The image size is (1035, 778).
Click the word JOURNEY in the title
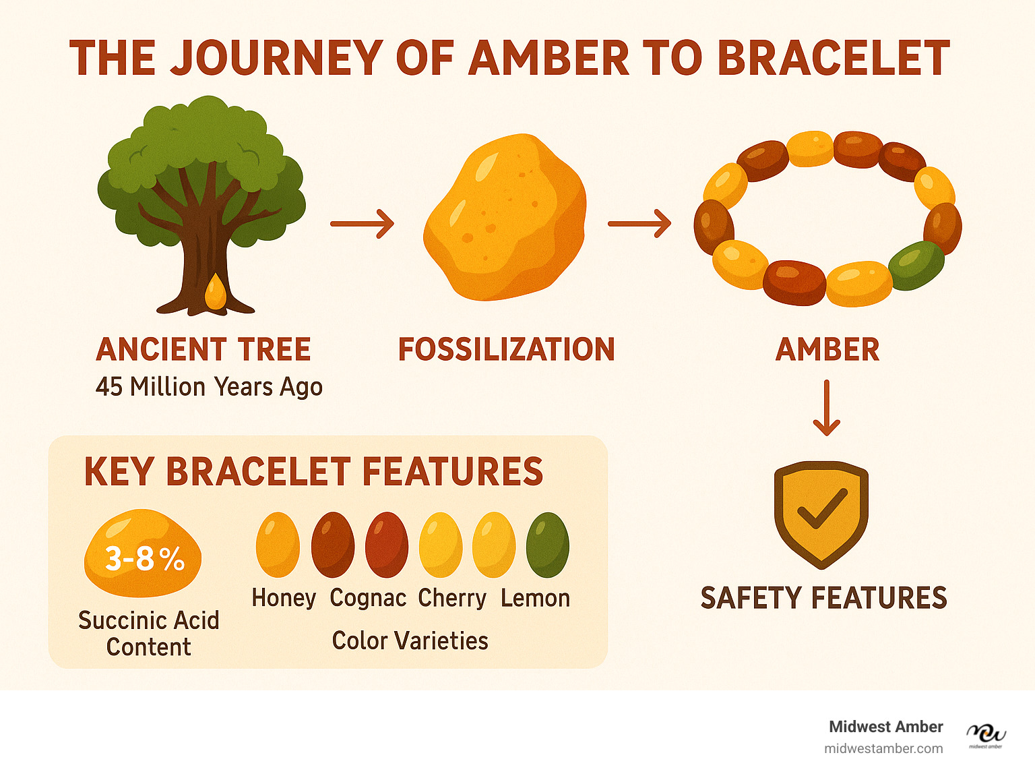click(x=276, y=58)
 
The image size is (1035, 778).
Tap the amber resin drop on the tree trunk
click(x=216, y=291)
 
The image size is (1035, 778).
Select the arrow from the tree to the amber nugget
click(x=362, y=224)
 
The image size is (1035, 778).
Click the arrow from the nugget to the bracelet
click(x=639, y=224)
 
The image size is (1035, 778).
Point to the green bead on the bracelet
click(x=916, y=265)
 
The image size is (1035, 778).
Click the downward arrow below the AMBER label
click(x=827, y=408)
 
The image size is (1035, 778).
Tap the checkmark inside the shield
click(x=823, y=508)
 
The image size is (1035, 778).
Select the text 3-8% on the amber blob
click(x=144, y=559)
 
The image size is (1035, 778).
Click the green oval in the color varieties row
click(x=547, y=545)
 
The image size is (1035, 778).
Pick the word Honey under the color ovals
click(x=284, y=598)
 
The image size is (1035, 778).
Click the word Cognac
click(x=368, y=598)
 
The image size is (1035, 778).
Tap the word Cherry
click(x=451, y=598)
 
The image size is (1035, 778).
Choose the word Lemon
click(x=535, y=598)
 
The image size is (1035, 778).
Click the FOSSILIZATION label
click(x=507, y=349)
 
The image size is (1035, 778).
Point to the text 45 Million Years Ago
click(x=209, y=387)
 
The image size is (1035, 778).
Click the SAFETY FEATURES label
click(x=824, y=598)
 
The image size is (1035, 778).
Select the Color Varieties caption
click(x=410, y=640)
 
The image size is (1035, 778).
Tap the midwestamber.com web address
click(x=883, y=749)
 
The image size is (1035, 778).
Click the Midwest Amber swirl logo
click(x=986, y=736)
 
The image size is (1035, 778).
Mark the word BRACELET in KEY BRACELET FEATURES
click(x=258, y=471)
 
